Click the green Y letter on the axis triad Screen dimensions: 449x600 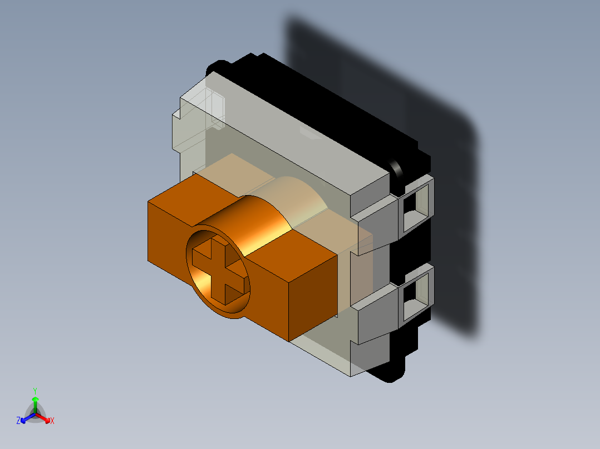pyautogui.click(x=35, y=390)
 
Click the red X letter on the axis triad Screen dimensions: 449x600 pyautogui.click(x=52, y=421)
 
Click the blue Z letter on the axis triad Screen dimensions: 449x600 pyautogui.click(x=18, y=421)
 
